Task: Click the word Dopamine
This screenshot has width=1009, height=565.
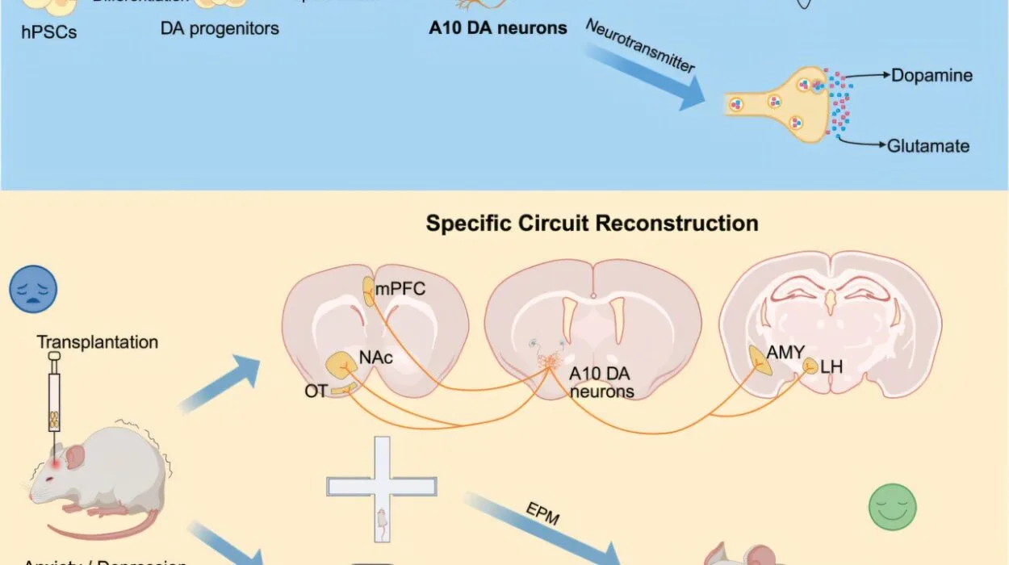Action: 932,76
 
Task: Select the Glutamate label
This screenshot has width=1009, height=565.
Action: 928,146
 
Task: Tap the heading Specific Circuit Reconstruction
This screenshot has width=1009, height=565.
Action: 592,223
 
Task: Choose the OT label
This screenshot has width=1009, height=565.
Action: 316,391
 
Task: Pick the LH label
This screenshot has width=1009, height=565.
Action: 831,367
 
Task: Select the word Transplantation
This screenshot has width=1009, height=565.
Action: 98,342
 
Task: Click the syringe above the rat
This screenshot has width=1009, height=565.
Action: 54,400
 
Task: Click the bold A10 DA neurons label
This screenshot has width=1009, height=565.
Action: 499,28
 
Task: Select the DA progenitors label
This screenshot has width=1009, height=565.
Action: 220,28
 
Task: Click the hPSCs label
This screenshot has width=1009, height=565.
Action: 50,32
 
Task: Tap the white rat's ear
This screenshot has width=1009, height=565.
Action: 76,457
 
